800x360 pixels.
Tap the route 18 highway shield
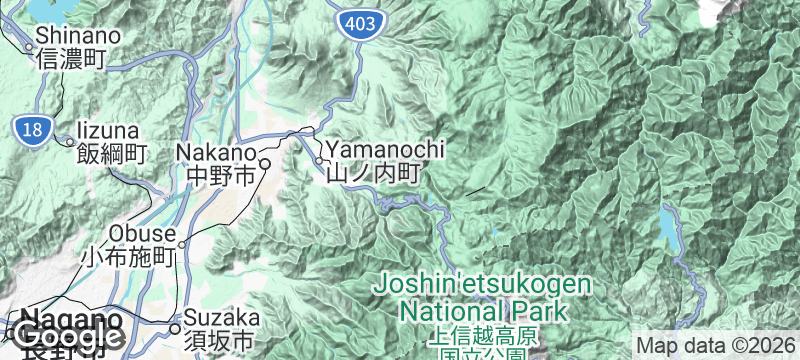pyautogui.click(x=29, y=127)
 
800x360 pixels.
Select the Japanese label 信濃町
pyautogui.click(x=70, y=59)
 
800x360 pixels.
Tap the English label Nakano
pyautogui.click(x=216, y=152)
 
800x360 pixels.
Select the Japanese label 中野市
pyautogui.click(x=221, y=176)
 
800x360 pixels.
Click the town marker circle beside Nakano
pyautogui.click(x=266, y=163)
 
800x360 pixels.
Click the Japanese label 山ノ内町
pyautogui.click(x=371, y=172)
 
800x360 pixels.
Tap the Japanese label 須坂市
pyautogui.click(x=221, y=341)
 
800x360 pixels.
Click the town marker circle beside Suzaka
pyautogui.click(x=174, y=328)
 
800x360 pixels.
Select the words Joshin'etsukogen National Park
pyautogui.click(x=482, y=296)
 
